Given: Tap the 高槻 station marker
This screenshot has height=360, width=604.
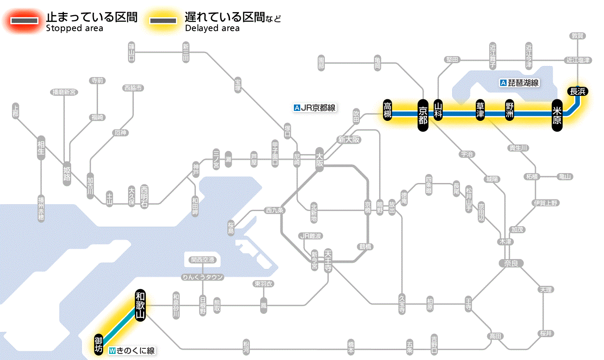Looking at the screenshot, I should [x=388, y=110].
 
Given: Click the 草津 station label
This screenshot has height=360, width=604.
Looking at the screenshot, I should [x=480, y=111].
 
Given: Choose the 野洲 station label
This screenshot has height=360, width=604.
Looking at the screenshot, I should [x=510, y=111].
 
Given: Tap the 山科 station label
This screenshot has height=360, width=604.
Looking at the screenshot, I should [x=438, y=111].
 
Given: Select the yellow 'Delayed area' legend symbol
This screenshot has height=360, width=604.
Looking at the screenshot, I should [x=163, y=21].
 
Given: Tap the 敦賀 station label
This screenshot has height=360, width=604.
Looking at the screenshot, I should [x=577, y=36].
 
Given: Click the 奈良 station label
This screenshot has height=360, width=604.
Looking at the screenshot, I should [x=510, y=263].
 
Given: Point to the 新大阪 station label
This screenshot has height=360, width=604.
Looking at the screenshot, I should [x=349, y=139].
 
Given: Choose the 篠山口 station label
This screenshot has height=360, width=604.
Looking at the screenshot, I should [x=132, y=51].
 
